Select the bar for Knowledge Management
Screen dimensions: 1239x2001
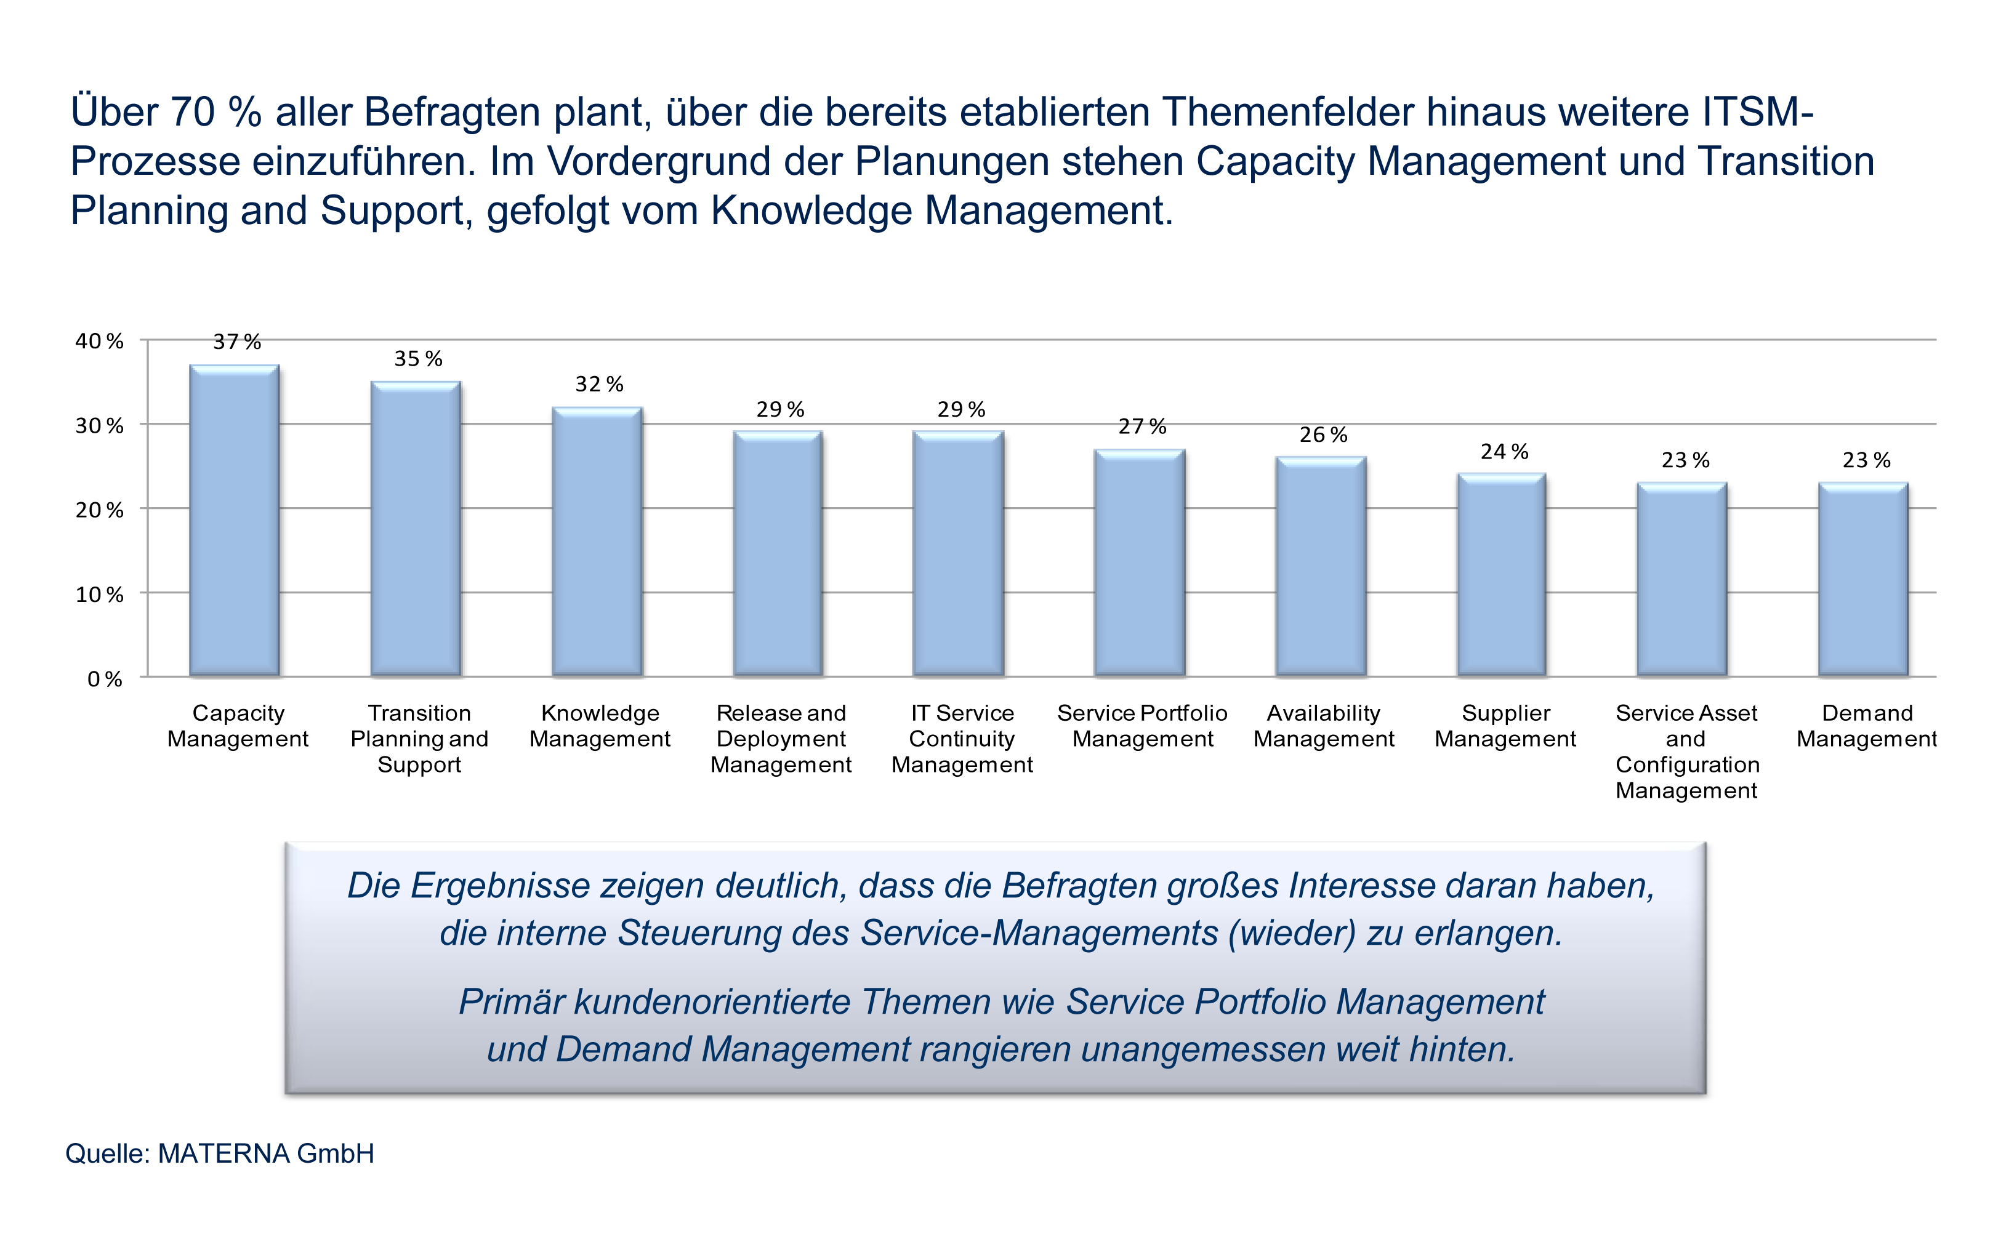click(x=597, y=541)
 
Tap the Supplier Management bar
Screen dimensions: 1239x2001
click(x=1502, y=574)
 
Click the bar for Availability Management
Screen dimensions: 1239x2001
click(x=1321, y=566)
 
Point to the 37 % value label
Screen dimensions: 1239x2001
click(x=237, y=342)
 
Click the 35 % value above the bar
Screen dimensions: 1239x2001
click(x=418, y=359)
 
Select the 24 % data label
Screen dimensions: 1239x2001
click(x=1504, y=452)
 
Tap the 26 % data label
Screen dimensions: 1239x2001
click(x=1323, y=435)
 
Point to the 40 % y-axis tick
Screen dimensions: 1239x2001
click(x=99, y=341)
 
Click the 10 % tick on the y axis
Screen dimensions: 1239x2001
click(x=99, y=594)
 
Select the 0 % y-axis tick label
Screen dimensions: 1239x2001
click(x=105, y=678)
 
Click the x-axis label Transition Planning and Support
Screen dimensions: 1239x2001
click(x=419, y=739)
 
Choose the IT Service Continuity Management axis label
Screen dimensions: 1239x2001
click(x=962, y=739)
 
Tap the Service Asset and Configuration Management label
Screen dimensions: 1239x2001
click(x=1686, y=752)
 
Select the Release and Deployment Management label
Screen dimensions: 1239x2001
click(x=781, y=739)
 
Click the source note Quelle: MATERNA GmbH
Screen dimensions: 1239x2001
click(x=220, y=1153)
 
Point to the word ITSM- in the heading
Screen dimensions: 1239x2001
click(x=1758, y=112)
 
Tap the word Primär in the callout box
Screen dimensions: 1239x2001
click(x=510, y=1001)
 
